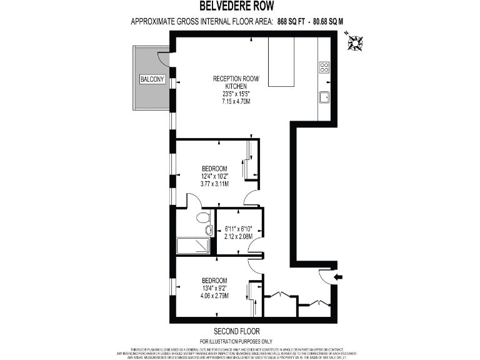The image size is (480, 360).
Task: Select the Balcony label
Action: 152,79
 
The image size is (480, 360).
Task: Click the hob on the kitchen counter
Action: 325,67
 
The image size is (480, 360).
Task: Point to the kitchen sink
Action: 325,97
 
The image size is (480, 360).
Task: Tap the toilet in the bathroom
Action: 202,219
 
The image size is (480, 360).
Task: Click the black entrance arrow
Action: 339,277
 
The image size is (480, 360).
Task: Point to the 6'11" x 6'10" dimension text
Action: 239,229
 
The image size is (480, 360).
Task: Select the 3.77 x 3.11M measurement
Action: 214,184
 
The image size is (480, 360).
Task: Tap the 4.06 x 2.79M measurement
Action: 214,296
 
